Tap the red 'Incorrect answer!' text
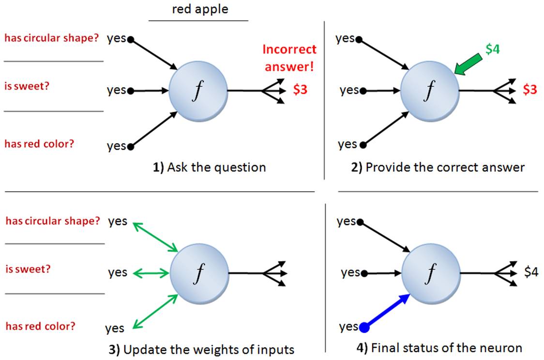pyautogui.click(x=289, y=57)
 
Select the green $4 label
pyautogui.click(x=492, y=49)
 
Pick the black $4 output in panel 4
pyautogui.click(x=531, y=272)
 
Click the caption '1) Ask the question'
pyautogui.click(x=210, y=167)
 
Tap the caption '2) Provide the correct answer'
pyautogui.click(x=438, y=167)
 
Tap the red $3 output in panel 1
pyautogui.click(x=300, y=90)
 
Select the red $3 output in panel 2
pyautogui.click(x=530, y=90)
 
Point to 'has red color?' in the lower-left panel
pyautogui.click(x=41, y=326)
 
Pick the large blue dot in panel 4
pyautogui.click(x=364, y=328)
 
